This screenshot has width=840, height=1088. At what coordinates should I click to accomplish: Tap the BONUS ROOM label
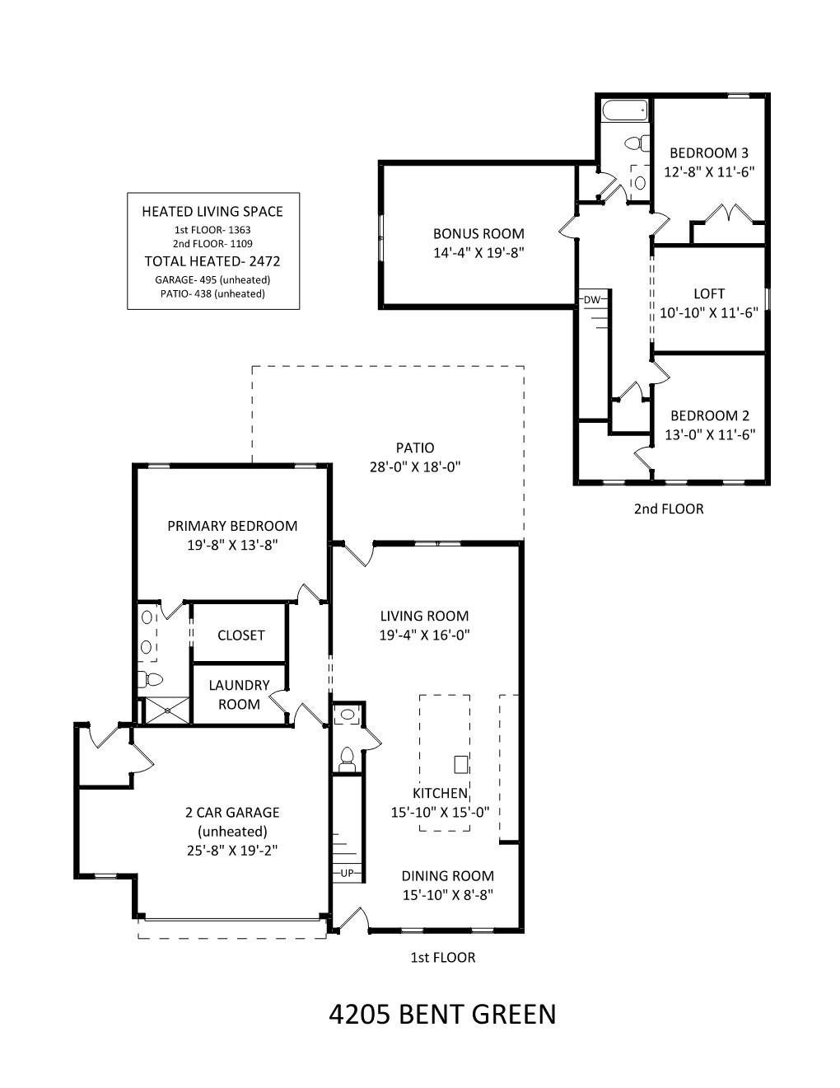pyautogui.click(x=478, y=234)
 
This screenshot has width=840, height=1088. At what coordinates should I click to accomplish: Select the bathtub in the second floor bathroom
pyautogui.click(x=625, y=110)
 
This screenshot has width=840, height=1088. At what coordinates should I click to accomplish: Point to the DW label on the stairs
pyautogui.click(x=592, y=300)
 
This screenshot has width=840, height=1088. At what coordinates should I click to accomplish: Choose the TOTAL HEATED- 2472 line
pyautogui.click(x=212, y=261)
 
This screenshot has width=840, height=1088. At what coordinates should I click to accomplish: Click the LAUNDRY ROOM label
pyautogui.click(x=239, y=695)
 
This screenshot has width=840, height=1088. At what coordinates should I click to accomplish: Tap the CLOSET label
pyautogui.click(x=240, y=635)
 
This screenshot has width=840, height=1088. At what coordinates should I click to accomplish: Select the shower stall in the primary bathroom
pyautogui.click(x=167, y=710)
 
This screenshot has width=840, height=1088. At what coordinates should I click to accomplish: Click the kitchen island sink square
pyautogui.click(x=461, y=765)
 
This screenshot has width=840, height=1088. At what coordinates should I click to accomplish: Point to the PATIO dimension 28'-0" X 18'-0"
pyautogui.click(x=415, y=467)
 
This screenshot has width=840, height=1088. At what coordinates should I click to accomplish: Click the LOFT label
pyautogui.click(x=709, y=294)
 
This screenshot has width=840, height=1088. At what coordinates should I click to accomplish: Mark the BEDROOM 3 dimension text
pyautogui.click(x=709, y=172)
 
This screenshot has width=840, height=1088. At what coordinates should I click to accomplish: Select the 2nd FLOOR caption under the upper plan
pyautogui.click(x=669, y=509)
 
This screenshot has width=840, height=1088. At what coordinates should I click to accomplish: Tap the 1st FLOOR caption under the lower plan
pyautogui.click(x=443, y=957)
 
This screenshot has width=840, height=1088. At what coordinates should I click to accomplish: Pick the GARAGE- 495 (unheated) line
pyautogui.click(x=212, y=280)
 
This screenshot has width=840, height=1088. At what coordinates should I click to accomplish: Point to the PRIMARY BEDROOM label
pyautogui.click(x=232, y=526)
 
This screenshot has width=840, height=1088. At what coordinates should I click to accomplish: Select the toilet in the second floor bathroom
pyautogui.click(x=637, y=143)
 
